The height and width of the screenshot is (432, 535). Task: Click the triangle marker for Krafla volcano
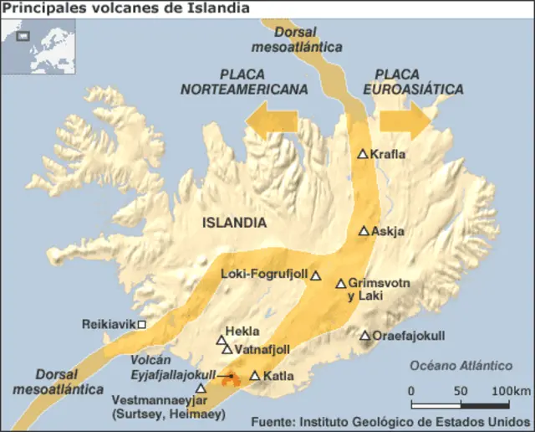[x=363, y=154]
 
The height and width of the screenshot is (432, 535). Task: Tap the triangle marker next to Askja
[x=364, y=231]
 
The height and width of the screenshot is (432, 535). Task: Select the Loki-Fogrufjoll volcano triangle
[x=316, y=275]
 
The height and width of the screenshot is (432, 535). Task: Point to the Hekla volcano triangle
[x=222, y=341]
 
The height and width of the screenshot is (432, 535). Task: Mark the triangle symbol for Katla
[x=255, y=376]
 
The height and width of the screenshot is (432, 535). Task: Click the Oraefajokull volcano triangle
[x=365, y=336]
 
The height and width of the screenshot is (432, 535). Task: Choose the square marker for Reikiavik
[x=142, y=324]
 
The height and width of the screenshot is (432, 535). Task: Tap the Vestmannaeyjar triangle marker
[x=201, y=388]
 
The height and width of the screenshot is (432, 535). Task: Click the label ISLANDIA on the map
[x=234, y=223]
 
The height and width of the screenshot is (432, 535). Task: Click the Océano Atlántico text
[x=461, y=365]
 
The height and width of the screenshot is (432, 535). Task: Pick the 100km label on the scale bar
[x=511, y=391]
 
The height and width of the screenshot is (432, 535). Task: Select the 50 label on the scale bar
[x=461, y=391]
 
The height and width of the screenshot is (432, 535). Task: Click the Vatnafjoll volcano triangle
[x=227, y=349]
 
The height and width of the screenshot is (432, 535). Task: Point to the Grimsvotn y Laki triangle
[x=340, y=284]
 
